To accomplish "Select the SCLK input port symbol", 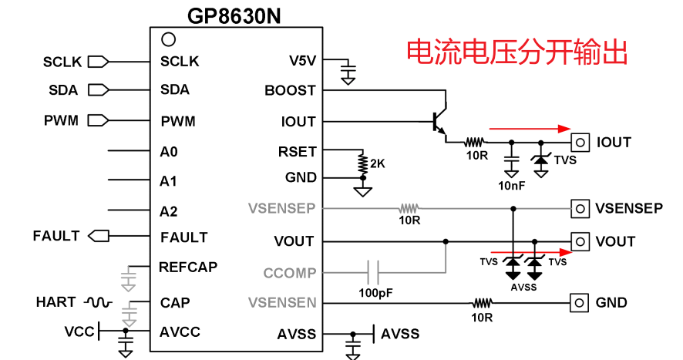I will (98, 61).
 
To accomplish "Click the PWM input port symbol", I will (98, 120).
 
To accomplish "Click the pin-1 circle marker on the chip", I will (168, 39).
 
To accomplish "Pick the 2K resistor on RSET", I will (361, 163).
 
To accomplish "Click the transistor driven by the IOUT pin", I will (439, 121).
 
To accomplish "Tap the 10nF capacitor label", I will (512, 185).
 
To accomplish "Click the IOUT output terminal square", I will (580, 142).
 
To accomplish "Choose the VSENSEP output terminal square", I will (579, 208).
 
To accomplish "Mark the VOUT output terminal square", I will (579, 241).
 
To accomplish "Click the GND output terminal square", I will (579, 303).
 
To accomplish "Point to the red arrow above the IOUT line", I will (532, 129).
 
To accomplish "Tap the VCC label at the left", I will (79, 331).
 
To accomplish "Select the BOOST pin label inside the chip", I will (290, 90).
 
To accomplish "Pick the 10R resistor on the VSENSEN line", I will (483, 303).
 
